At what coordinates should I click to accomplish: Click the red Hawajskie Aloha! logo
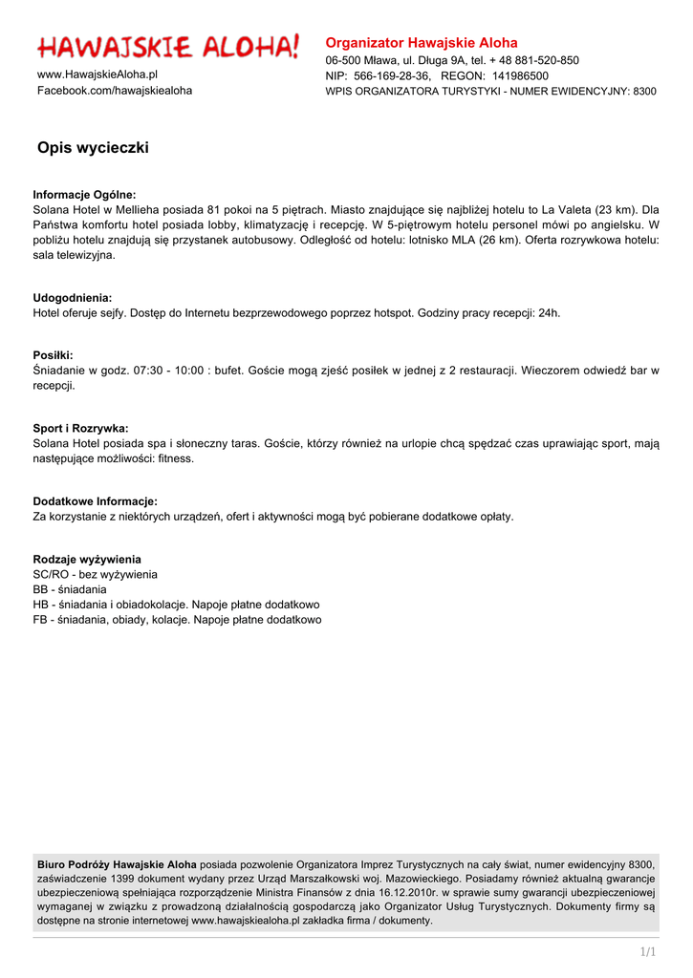(168, 46)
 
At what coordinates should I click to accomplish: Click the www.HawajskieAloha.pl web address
(97, 74)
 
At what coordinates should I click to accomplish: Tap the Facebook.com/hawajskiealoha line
(115, 91)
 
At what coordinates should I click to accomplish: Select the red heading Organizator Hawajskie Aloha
(422, 43)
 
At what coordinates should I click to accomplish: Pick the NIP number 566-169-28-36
(392, 75)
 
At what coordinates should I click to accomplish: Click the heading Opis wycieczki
(93, 148)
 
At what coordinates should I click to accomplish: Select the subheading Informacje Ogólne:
(84, 194)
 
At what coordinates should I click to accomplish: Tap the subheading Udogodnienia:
(73, 298)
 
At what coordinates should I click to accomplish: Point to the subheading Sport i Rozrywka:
(80, 428)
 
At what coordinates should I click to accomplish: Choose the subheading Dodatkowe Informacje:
(96, 501)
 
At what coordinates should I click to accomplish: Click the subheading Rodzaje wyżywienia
(87, 559)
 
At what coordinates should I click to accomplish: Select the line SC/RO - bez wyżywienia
(96, 574)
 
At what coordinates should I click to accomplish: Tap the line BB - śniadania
(70, 589)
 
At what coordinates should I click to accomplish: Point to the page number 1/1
(648, 951)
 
